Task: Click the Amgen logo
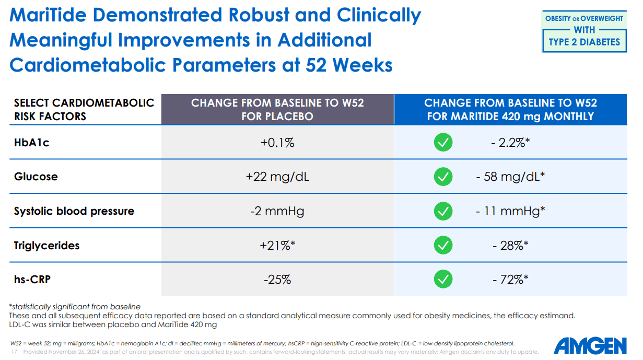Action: tap(590, 345)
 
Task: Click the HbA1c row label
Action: tap(31, 142)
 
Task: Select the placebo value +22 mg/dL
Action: tap(277, 177)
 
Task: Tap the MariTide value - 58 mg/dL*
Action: tap(510, 177)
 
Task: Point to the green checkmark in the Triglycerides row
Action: tap(443, 246)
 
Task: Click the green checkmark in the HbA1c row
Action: tap(443, 142)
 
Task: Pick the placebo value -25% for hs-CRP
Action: tap(277, 280)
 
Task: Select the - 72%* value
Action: tap(510, 280)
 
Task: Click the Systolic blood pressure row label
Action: tap(74, 211)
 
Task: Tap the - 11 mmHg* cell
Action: tap(510, 211)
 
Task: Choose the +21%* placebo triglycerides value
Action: tap(277, 246)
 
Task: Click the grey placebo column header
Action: tap(277, 109)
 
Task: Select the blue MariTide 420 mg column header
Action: tap(510, 109)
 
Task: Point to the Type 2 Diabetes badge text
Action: tap(584, 42)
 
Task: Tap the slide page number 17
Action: tap(14, 352)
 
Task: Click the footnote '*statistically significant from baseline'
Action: tap(75, 307)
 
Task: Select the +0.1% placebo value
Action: tap(277, 142)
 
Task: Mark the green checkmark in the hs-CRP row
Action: tap(443, 280)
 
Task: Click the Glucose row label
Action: tap(36, 177)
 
